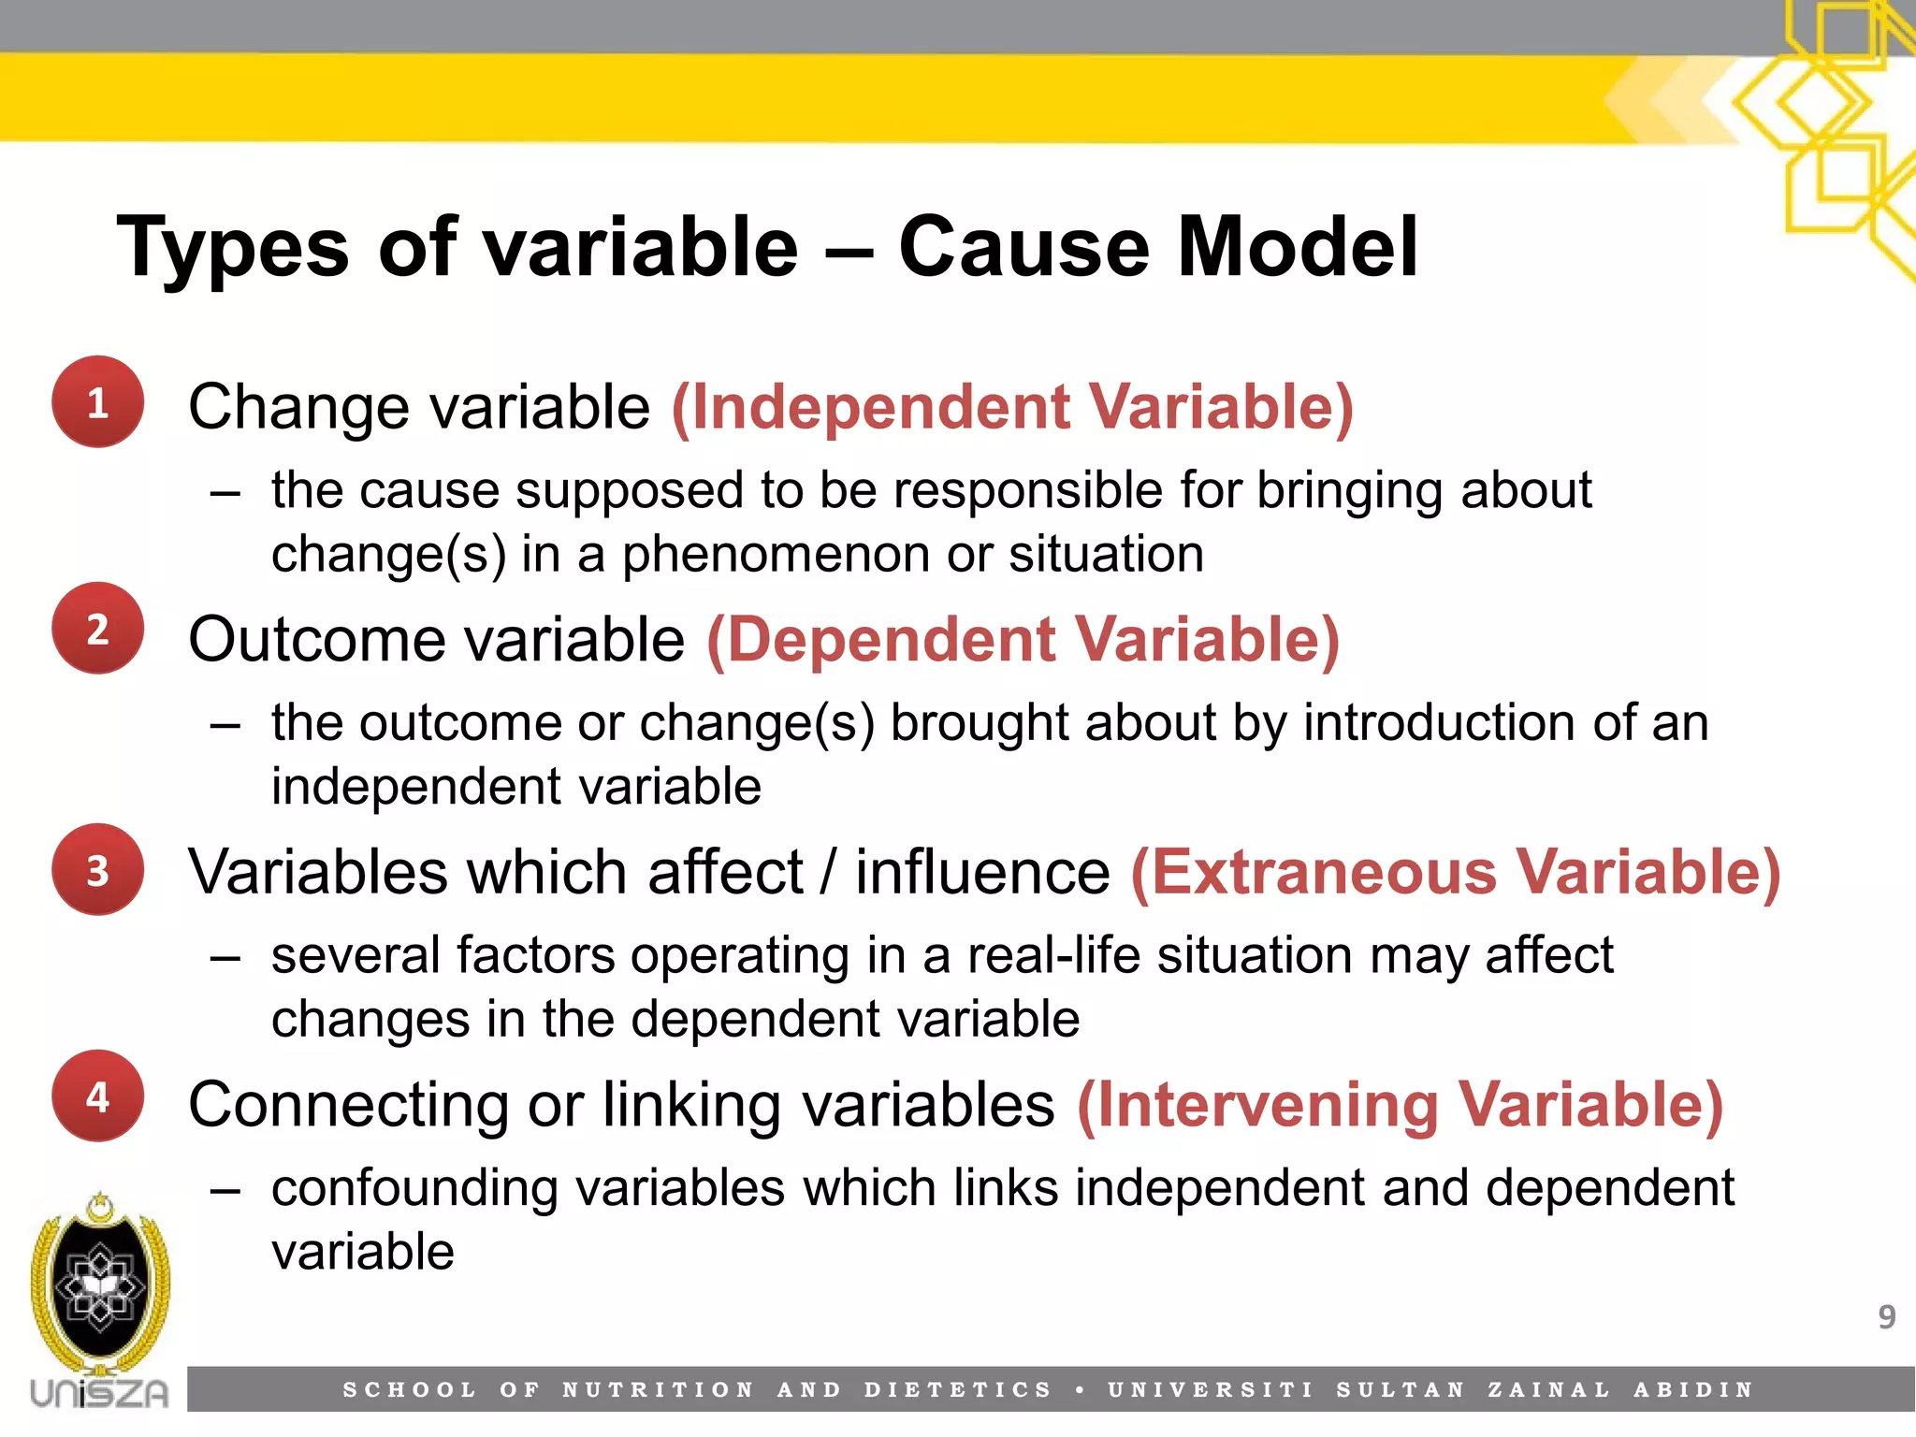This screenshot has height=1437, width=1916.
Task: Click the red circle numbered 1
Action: pyautogui.click(x=97, y=402)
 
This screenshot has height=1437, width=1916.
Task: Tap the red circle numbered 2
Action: pyautogui.click(x=97, y=629)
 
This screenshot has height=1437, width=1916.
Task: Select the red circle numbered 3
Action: pyautogui.click(x=97, y=869)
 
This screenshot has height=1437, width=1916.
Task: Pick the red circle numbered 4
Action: pyautogui.click(x=97, y=1096)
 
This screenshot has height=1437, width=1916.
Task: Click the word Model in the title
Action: pyautogui.click(x=1298, y=247)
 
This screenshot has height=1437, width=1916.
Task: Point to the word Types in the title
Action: pyautogui.click(x=233, y=249)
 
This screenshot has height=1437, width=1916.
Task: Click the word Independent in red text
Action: pyautogui.click(x=879, y=408)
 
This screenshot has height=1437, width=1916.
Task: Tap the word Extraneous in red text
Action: pyautogui.click(x=1323, y=873)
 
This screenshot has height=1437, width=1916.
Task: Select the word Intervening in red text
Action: pyautogui.click(x=1267, y=1105)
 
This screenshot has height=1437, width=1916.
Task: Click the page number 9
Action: pyautogui.click(x=1886, y=1317)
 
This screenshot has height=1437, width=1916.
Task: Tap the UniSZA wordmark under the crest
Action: pyautogui.click(x=99, y=1393)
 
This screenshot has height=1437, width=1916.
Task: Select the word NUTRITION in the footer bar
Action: pyautogui.click(x=658, y=1390)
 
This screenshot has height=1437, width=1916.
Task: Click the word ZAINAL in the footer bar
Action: pyautogui.click(x=1548, y=1390)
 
